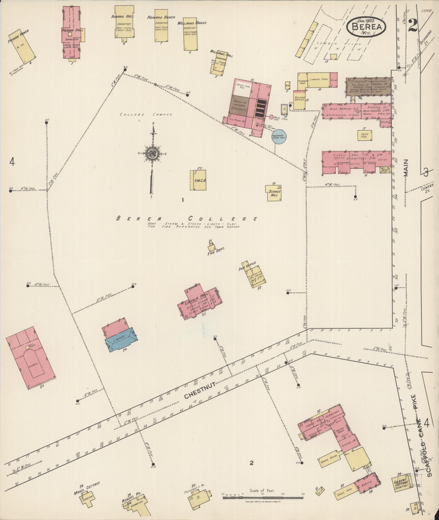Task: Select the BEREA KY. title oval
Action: pos(366,26)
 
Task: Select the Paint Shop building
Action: pos(364,135)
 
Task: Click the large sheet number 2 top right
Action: pos(413,26)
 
